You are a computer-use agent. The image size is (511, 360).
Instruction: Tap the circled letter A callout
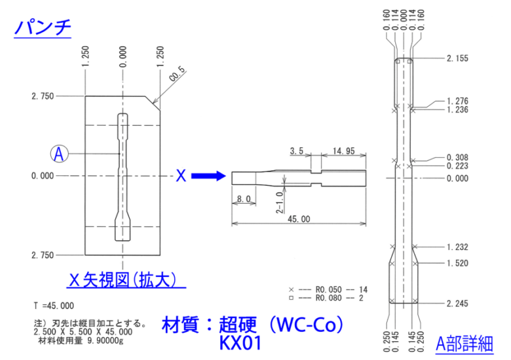pyautogui.click(x=58, y=154)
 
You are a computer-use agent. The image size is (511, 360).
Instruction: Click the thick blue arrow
pyautogui.click(x=208, y=176)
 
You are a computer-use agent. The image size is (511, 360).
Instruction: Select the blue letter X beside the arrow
pyautogui.click(x=181, y=175)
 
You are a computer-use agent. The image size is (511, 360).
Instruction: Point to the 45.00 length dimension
pyautogui.click(x=299, y=219)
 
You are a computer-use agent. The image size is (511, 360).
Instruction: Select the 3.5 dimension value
pyautogui.click(x=296, y=151)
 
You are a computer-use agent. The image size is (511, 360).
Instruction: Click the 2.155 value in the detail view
pyautogui.click(x=457, y=58)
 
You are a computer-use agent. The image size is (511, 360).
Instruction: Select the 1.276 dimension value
pyautogui.click(x=457, y=101)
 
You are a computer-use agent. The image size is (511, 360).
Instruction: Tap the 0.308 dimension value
pyautogui.click(x=457, y=158)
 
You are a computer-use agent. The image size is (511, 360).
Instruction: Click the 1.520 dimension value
pyautogui.click(x=457, y=263)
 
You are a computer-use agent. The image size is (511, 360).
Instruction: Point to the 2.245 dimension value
pyautogui.click(x=457, y=303)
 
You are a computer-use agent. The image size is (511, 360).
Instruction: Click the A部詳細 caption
pyautogui.click(x=464, y=343)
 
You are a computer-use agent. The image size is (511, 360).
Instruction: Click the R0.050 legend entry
pyautogui.click(x=328, y=289)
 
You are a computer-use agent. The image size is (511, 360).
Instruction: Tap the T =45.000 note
pyautogui.click(x=54, y=306)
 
